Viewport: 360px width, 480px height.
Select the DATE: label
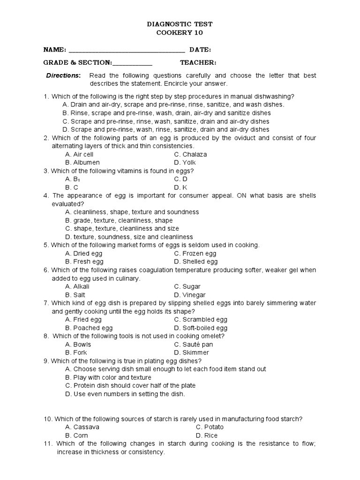(200, 50)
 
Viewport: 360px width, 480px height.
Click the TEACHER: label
(198, 63)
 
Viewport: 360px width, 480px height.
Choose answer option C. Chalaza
(190, 154)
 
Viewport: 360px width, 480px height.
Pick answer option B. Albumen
(82, 163)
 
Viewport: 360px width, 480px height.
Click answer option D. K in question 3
(180, 187)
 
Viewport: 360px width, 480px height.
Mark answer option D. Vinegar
(189, 295)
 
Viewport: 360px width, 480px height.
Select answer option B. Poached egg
(89, 328)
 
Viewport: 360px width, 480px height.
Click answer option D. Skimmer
(191, 352)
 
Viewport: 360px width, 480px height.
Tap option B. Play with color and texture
(108, 377)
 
